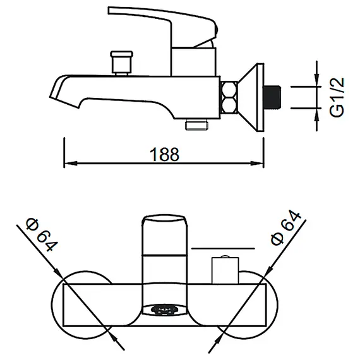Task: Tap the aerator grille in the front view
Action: pyautogui.click(x=164, y=310)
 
